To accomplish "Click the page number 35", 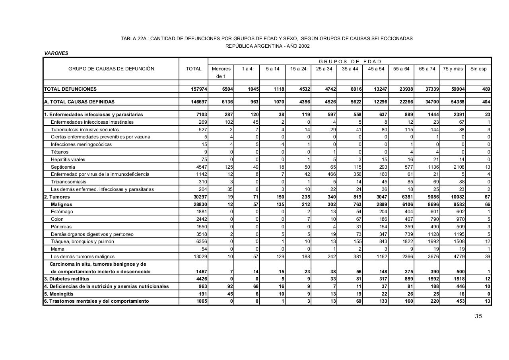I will click(x=478, y=316).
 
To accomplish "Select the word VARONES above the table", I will click(x=56, y=53).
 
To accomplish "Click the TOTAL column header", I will click(x=194, y=69).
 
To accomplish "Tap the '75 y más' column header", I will click(x=453, y=69).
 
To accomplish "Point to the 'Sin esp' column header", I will click(x=478, y=69).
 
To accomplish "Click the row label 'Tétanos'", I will click(x=60, y=152).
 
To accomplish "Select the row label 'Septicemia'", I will click(x=63, y=167).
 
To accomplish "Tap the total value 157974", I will click(x=199, y=89).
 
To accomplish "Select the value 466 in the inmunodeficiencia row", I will click(x=331, y=174).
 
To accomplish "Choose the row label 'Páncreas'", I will click(x=61, y=227).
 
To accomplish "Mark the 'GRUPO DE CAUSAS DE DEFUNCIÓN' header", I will click(x=111, y=69).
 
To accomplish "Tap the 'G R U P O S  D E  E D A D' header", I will click(x=350, y=62).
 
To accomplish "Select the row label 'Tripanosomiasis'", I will click(x=68, y=182).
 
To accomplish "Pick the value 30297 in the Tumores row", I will click(x=199, y=197).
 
